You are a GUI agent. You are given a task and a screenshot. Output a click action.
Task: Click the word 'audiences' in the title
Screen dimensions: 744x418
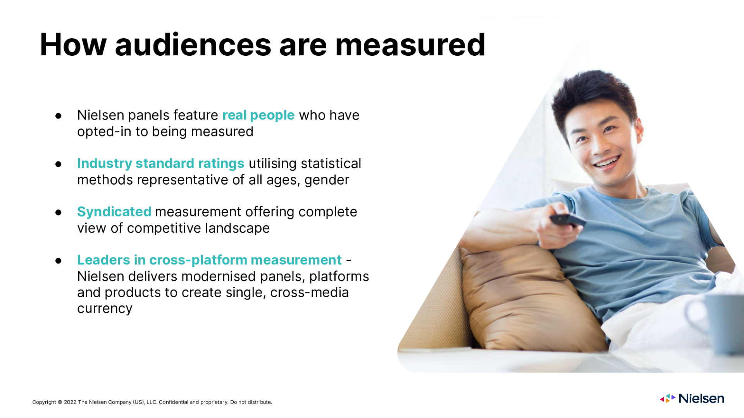coord(193,45)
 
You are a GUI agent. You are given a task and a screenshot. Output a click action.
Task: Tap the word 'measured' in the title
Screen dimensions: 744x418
coord(410,45)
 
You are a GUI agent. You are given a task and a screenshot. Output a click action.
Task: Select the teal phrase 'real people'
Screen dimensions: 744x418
coord(258,115)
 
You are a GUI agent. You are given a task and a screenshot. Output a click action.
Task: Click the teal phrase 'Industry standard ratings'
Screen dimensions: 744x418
coord(161,164)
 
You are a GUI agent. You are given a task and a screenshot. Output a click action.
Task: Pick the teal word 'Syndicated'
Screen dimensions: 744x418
coord(114,212)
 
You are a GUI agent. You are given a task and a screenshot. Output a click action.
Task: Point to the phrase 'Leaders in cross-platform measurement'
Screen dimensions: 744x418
coord(209,260)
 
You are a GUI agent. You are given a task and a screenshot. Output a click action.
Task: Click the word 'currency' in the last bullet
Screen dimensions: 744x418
coord(105,309)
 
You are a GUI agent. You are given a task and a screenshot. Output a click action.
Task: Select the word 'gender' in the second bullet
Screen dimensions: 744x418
coord(327,180)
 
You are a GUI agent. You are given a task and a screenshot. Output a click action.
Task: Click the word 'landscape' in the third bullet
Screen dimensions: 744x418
coord(237,228)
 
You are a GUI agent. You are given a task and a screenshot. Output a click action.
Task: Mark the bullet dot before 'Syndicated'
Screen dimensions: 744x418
coord(59,212)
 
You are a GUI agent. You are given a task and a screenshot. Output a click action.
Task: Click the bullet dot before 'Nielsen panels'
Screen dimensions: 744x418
coord(59,116)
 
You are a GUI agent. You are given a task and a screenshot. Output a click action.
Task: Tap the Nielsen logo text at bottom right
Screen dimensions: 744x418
coord(701,399)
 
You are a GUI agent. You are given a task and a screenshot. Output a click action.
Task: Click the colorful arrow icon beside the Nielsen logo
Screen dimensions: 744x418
coord(668,398)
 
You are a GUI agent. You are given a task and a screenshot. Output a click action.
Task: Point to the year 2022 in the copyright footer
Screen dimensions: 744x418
coord(70,402)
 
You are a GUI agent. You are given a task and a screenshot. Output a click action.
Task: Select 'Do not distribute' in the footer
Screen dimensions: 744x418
coord(251,402)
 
